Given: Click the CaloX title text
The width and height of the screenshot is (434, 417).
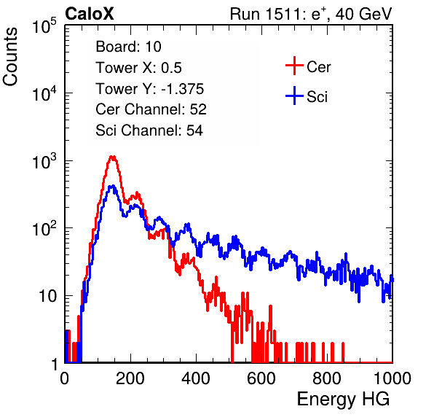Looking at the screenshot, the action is pyautogui.click(x=90, y=14).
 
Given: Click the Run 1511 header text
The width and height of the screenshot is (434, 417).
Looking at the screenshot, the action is pyautogui.click(x=311, y=15).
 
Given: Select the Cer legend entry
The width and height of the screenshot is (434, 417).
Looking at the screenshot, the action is pyautogui.click(x=308, y=66).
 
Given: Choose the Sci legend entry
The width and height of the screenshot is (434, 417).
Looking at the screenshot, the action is pyautogui.click(x=307, y=96).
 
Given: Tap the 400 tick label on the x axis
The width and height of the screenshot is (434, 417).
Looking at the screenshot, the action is pyautogui.click(x=196, y=378).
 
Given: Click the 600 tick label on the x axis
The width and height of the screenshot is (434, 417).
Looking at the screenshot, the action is pyautogui.click(x=261, y=378).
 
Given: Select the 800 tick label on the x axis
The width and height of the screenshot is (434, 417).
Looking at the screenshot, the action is pyautogui.click(x=327, y=378).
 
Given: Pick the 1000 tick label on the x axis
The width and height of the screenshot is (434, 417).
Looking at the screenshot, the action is pyautogui.click(x=392, y=378).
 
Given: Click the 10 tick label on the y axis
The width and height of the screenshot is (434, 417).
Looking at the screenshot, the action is pyautogui.click(x=48, y=296).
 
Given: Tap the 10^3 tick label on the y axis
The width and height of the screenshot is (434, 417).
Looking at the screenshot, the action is pyautogui.click(x=44, y=161).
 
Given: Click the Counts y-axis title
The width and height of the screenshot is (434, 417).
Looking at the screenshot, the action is pyautogui.click(x=10, y=57).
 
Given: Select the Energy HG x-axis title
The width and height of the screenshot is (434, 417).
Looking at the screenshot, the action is pyautogui.click(x=343, y=400).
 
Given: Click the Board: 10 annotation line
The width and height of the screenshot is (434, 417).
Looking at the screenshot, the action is pyautogui.click(x=128, y=47).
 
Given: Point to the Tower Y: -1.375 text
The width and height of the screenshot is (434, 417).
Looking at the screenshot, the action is pyautogui.click(x=149, y=89).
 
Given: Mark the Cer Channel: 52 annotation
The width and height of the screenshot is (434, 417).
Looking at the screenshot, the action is pyautogui.click(x=151, y=109).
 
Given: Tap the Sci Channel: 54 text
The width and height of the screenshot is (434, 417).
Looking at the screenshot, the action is pyautogui.click(x=149, y=130).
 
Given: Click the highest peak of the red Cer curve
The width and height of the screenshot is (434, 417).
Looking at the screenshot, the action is pyautogui.click(x=112, y=157).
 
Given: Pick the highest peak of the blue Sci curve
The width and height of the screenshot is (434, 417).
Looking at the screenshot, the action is pyautogui.click(x=112, y=186).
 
